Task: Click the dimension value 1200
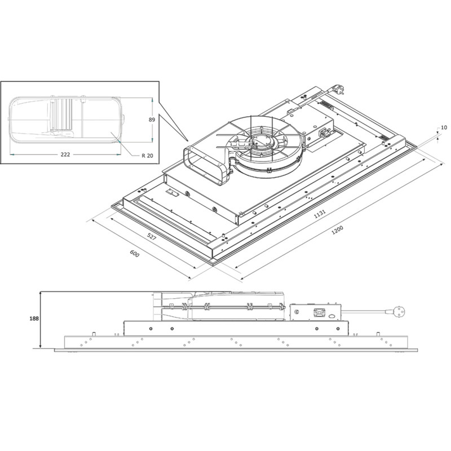(x=337, y=231)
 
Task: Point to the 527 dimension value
(x=152, y=237)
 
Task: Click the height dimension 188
(x=33, y=319)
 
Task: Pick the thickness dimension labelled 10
(x=444, y=128)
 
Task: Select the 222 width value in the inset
(x=65, y=154)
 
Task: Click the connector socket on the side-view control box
(x=320, y=311)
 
